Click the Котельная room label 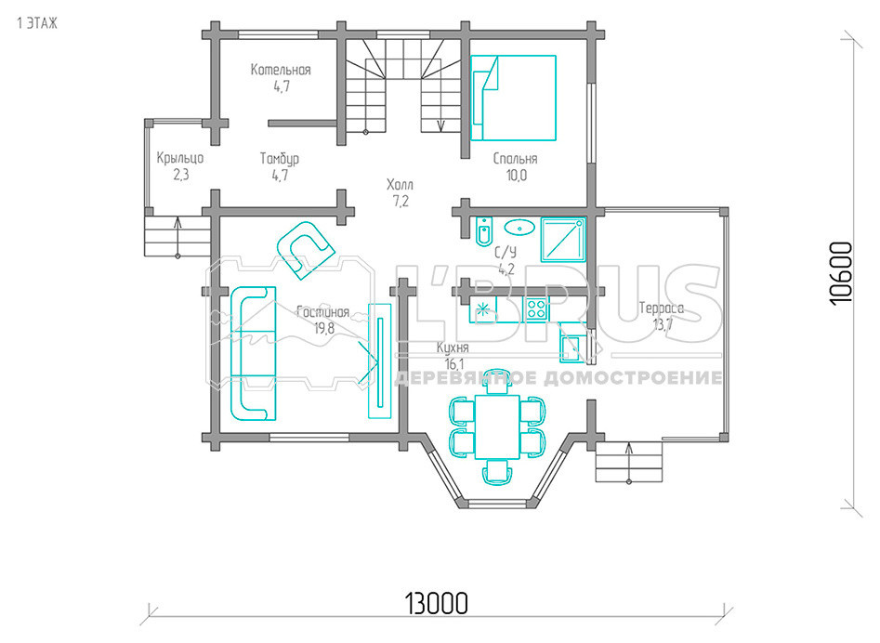pos(281,70)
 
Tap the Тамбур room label pos(280,159)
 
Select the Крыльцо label pos(180,158)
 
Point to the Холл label pos(401,185)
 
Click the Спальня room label pos(516,159)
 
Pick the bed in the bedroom pos(514,98)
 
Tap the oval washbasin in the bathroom pos(519,228)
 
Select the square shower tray pos(563,240)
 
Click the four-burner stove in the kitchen pos(537,309)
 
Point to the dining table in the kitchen pos(497,427)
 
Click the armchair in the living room pos(306,250)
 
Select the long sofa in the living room pos(253,353)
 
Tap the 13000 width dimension pos(436,604)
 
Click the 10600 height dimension pos(841,273)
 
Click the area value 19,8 pos(324,328)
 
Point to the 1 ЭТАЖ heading pos(37,23)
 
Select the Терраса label pos(662,308)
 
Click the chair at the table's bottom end pos(498,472)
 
